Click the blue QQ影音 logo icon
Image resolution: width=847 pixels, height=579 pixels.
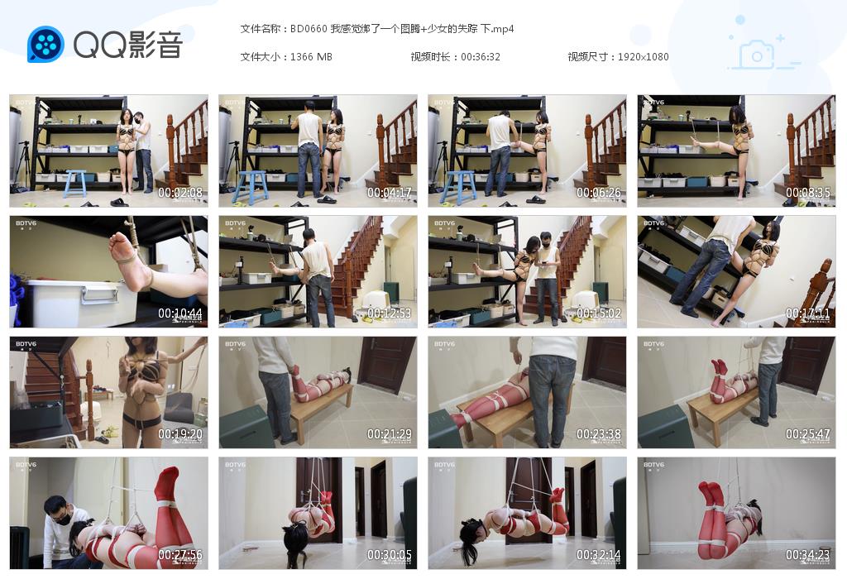[45, 44]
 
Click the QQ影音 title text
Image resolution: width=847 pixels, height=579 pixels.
[127, 45]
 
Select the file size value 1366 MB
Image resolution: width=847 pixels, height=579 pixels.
[311, 57]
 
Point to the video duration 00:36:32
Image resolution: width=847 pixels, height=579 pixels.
[481, 57]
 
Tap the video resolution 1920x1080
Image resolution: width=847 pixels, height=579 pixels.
[643, 57]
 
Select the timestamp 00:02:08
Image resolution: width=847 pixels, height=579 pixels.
[180, 193]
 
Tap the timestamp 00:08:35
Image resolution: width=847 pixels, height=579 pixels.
[808, 193]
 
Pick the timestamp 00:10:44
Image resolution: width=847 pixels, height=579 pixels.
[180, 314]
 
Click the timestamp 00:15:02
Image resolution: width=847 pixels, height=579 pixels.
[599, 314]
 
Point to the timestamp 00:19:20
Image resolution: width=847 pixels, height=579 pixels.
[180, 434]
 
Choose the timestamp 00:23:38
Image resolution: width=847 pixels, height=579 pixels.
[599, 434]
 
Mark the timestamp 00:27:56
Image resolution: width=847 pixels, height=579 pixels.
[180, 555]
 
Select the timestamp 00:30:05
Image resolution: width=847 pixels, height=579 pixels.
[390, 555]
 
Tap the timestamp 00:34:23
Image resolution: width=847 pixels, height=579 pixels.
[808, 555]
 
